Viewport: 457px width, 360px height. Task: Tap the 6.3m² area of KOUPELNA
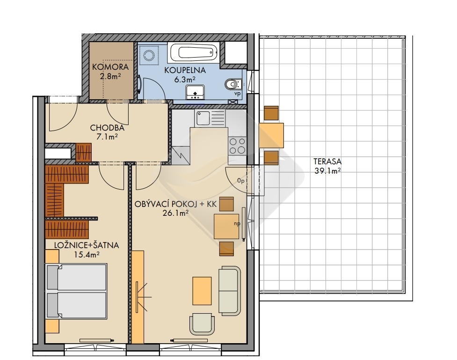[184, 79]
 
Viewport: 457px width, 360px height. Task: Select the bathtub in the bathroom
[194, 53]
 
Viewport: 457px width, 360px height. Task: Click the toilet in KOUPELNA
[233, 84]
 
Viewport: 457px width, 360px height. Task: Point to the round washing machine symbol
[149, 55]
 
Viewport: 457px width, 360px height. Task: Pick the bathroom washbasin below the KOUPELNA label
[195, 93]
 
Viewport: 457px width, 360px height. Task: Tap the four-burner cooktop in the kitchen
[237, 146]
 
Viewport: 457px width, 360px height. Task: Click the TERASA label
[327, 162]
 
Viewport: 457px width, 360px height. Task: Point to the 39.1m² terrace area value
[327, 171]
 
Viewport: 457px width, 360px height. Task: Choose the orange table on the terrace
[271, 135]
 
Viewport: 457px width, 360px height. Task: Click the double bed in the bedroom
[77, 291]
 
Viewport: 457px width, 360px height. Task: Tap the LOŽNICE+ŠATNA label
[87, 245]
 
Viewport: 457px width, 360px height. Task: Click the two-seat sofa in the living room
[230, 291]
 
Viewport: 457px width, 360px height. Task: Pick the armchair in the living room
[203, 324]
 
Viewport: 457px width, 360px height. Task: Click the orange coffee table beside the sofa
[202, 291]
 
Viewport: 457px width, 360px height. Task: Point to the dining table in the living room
[227, 227]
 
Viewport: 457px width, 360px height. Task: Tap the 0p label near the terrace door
[240, 181]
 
